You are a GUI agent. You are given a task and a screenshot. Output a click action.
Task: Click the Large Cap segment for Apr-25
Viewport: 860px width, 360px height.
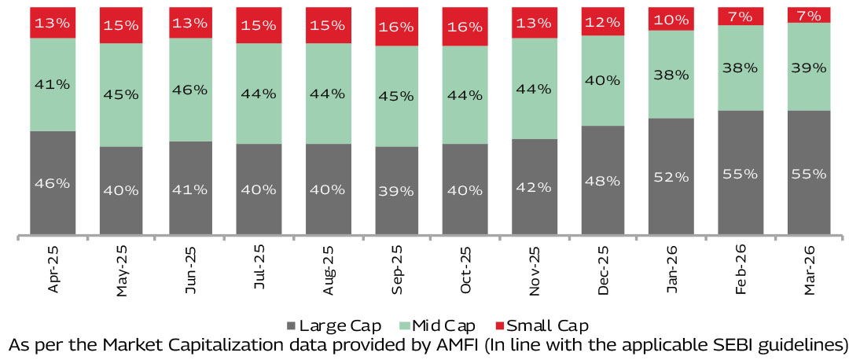coord(53,182)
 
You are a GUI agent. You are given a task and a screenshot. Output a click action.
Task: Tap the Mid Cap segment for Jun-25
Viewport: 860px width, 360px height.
coord(190,90)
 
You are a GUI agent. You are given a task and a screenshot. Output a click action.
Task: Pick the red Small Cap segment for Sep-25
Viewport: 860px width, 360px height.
coord(397,26)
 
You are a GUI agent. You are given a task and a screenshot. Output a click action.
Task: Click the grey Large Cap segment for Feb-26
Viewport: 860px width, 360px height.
coord(740,172)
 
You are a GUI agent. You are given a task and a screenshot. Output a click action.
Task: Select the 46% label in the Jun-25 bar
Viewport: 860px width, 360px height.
coord(190,90)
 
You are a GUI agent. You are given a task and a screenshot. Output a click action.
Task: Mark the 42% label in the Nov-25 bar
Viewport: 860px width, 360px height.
coord(534,187)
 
